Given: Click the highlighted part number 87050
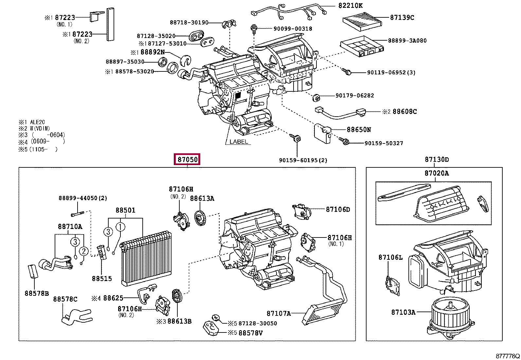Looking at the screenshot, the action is coord(187,160).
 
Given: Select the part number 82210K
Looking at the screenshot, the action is coord(350,5).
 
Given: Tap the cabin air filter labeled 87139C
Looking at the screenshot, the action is coord(362,21).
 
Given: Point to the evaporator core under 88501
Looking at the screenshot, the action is coord(146,258).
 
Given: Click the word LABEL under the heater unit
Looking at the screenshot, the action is coord(239,142).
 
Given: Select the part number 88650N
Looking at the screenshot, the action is coord(359,129).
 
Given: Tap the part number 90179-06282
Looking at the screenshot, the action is coord(355,95).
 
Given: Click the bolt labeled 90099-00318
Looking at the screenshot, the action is coord(254,28).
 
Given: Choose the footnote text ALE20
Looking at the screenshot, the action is coord(37,122).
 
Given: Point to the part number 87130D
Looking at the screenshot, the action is coord(437,160).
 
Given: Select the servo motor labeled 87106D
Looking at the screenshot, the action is coord(301,211).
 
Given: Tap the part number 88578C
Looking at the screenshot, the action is coord(65,299).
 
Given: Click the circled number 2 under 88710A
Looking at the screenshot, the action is coord(84,251).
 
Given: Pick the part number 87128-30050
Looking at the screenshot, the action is coord(258,323).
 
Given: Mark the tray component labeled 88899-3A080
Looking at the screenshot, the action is coord(362,46).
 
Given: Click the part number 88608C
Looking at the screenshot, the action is coord(404,112).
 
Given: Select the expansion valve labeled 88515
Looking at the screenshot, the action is coord(102,252).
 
